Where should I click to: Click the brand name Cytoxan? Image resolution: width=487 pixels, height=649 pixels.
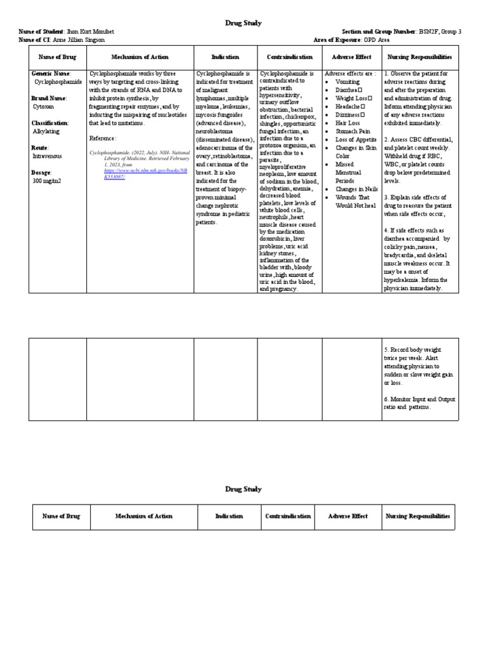tap(42, 107)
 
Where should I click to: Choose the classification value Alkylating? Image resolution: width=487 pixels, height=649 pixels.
tap(46, 131)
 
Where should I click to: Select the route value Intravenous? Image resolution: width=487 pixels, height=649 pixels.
tap(47, 156)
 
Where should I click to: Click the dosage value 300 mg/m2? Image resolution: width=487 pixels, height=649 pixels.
tap(46, 181)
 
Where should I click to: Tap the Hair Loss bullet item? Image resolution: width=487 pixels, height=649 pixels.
tap(347, 123)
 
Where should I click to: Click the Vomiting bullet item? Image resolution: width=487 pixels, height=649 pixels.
tap(347, 82)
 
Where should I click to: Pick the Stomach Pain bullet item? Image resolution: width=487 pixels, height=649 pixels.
tap(352, 131)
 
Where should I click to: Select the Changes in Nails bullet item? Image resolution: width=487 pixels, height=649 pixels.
tap(356, 189)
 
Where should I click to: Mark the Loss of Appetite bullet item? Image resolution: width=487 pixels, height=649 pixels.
tap(356, 139)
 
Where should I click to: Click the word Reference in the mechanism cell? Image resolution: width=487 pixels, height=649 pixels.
tap(102, 138)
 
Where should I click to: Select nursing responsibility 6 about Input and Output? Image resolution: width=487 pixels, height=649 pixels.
tap(419, 403)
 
